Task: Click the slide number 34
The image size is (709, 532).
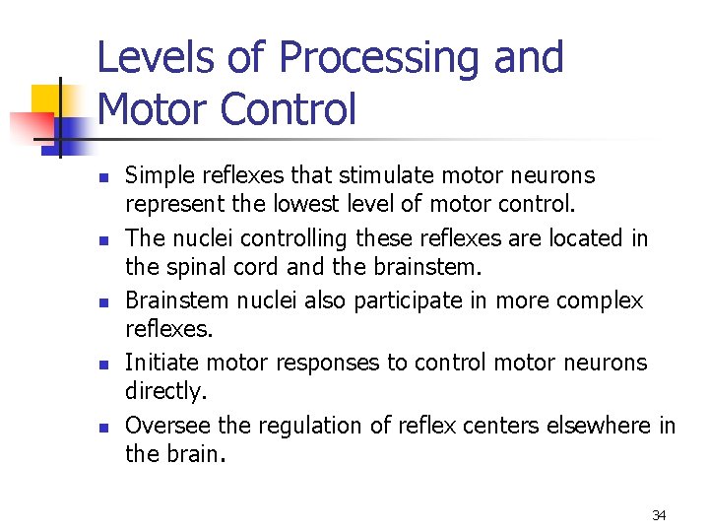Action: [x=659, y=515]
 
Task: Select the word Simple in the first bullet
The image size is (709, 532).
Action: [x=159, y=176]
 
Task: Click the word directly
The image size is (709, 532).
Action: [x=165, y=392]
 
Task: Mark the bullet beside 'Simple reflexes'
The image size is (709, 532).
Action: [x=102, y=178]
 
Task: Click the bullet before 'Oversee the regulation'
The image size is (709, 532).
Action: [x=102, y=428]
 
